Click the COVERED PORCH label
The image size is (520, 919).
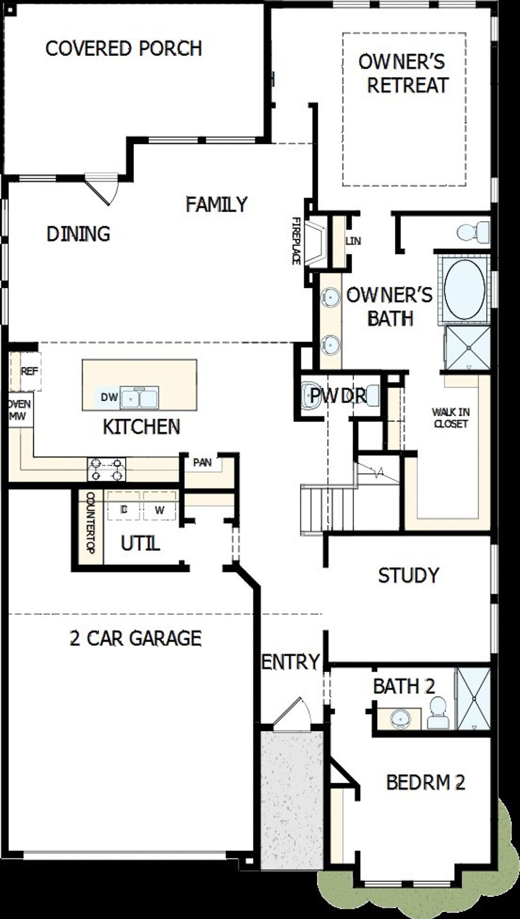click(x=123, y=48)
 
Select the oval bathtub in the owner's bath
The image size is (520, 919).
click(x=464, y=289)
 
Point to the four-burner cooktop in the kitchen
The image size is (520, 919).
click(x=106, y=469)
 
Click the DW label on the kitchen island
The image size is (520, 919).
click(x=109, y=397)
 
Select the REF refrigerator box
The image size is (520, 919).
click(x=30, y=371)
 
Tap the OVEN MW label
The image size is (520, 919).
click(x=19, y=410)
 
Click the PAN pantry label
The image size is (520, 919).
click(x=202, y=463)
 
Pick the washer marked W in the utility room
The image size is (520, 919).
click(x=160, y=510)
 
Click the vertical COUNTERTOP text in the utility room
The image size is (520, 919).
click(x=90, y=522)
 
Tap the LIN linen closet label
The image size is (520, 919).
click(x=353, y=241)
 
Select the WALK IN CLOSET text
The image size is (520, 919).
click(x=451, y=418)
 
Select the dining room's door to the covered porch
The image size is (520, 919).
click(x=102, y=189)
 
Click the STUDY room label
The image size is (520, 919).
click(x=408, y=575)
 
